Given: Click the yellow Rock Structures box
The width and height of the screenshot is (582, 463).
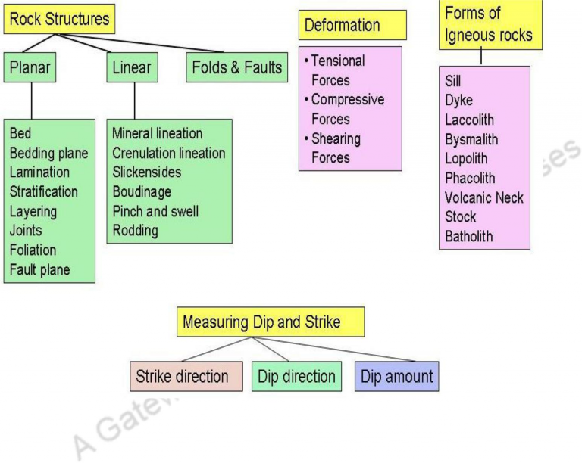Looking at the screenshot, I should click(x=59, y=18).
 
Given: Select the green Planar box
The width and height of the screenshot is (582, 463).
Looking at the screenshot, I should click(x=31, y=68).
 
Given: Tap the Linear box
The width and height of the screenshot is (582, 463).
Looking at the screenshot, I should click(x=132, y=68).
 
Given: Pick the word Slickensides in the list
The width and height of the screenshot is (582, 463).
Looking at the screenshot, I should click(x=146, y=172).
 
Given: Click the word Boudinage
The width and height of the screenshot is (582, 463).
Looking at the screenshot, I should click(x=142, y=192).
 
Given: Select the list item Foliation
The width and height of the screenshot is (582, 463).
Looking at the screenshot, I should click(x=33, y=250).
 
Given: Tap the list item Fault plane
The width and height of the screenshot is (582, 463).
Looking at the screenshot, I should click(x=39, y=270).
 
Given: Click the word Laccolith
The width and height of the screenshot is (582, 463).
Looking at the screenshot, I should click(x=470, y=120).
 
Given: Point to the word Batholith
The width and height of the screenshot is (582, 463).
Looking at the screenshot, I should click(x=469, y=236).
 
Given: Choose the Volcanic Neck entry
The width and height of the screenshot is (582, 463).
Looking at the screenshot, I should click(x=484, y=197).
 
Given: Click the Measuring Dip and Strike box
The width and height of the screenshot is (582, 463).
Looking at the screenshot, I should click(x=271, y=322).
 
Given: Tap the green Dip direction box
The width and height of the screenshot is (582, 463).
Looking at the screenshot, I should click(x=296, y=376).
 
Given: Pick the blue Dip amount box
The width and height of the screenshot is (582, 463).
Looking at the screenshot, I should click(x=396, y=376).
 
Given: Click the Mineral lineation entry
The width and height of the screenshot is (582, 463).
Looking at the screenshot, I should click(x=158, y=133).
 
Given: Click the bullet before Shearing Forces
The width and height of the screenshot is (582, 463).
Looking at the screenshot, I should click(x=305, y=139).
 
